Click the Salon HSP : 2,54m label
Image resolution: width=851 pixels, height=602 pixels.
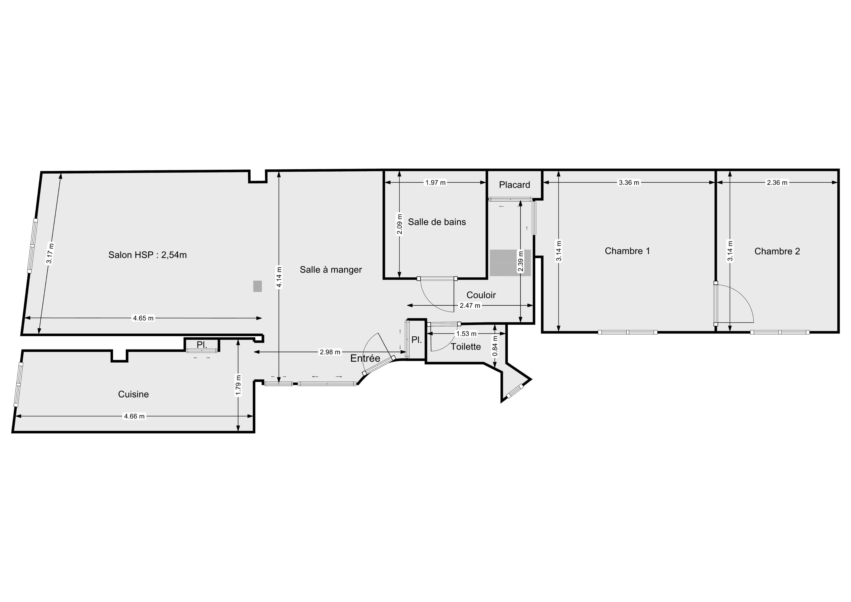[x=148, y=255]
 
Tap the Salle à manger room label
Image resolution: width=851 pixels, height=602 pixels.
[x=331, y=270]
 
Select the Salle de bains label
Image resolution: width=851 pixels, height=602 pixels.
[x=437, y=222]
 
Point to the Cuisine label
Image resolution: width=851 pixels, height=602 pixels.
[x=133, y=394]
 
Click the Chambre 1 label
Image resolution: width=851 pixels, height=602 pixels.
[x=627, y=251]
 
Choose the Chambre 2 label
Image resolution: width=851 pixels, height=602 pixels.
[x=777, y=251]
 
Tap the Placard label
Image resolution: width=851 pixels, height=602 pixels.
[x=514, y=185]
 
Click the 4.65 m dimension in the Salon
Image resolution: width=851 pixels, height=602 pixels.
[x=143, y=318]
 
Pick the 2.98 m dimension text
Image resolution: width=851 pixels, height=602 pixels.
[x=330, y=352]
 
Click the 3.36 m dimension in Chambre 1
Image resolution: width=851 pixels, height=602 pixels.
[x=629, y=182]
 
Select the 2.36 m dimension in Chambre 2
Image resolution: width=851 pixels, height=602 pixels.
[x=777, y=182]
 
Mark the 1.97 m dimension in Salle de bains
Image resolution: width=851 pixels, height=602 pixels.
[x=435, y=182]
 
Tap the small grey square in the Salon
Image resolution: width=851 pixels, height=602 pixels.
[x=258, y=286]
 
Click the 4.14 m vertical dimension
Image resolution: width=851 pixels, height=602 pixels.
[x=279, y=277]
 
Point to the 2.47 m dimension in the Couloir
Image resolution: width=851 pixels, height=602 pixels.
[x=470, y=306]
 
